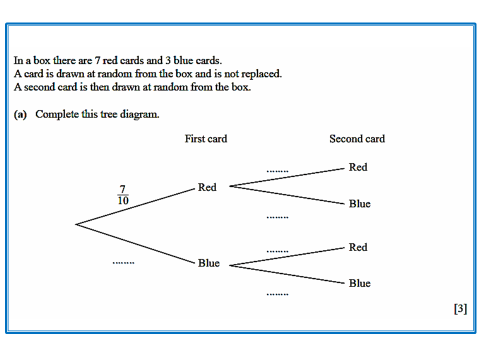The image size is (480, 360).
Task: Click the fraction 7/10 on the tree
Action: (123, 195)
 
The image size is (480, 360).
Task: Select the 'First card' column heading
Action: (205, 139)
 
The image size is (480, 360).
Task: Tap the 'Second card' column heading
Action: (357, 139)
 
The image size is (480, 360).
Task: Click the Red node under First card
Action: (207, 187)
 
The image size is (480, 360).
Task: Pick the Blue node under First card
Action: (208, 263)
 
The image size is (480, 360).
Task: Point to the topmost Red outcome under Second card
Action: (358, 167)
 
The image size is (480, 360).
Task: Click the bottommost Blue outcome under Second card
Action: (359, 283)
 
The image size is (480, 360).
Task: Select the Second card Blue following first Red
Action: (359, 204)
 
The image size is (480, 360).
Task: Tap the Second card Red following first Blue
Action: (358, 247)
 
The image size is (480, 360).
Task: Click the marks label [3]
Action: (460, 309)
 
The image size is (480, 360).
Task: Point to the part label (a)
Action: (20, 114)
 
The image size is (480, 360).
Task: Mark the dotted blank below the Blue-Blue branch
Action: (277, 294)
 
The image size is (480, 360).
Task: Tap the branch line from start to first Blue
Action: (135, 243)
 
